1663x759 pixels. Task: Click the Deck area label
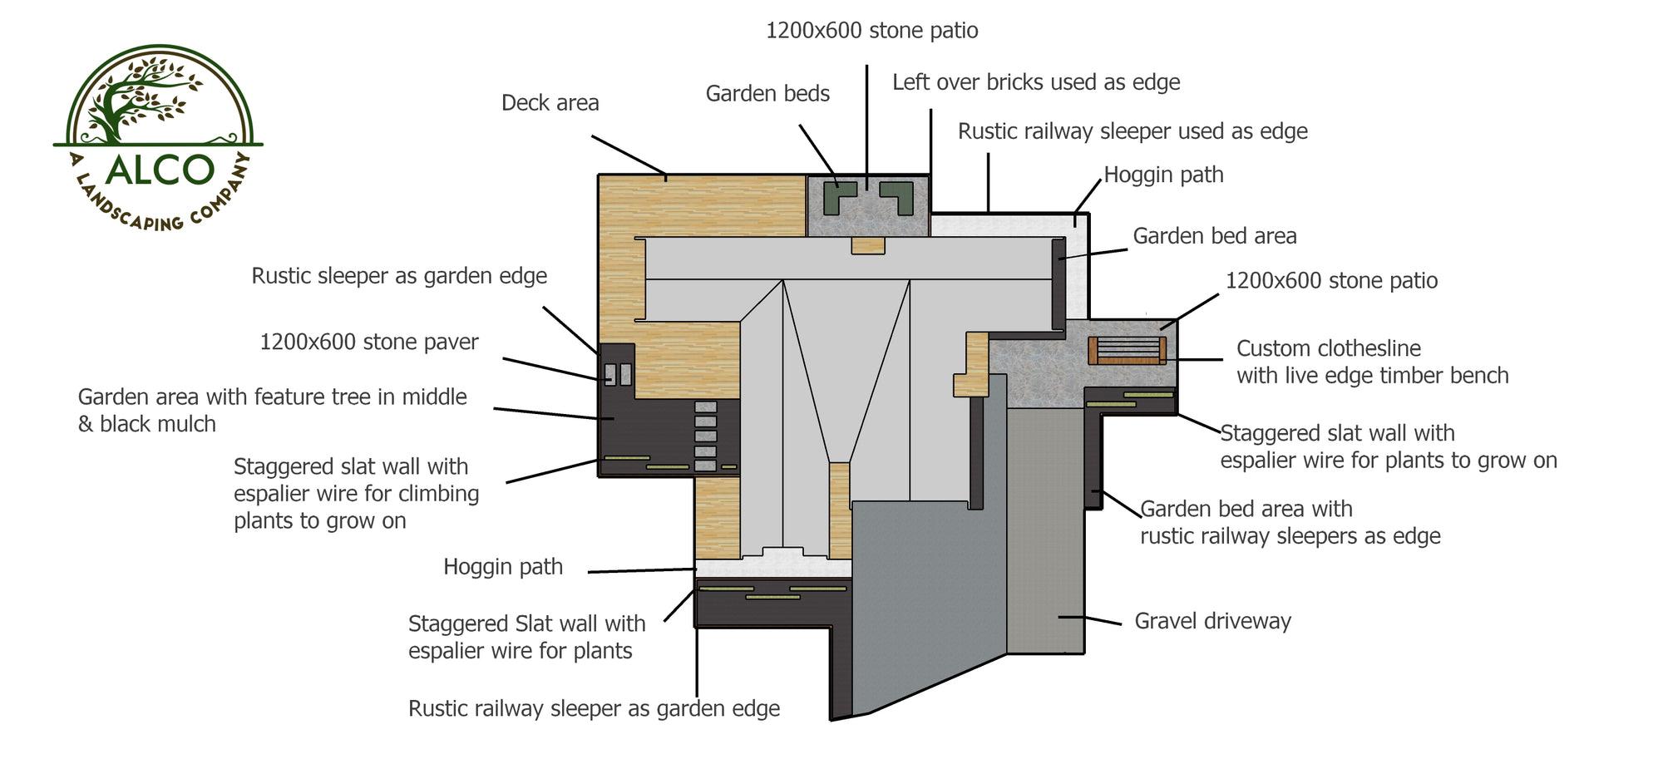click(550, 103)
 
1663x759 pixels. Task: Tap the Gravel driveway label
click(1212, 621)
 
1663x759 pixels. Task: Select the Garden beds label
click(767, 94)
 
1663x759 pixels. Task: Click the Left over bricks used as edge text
click(1036, 82)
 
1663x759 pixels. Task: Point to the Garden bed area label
click(1214, 236)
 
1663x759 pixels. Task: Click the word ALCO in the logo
click(160, 170)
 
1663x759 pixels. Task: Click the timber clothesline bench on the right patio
click(1127, 350)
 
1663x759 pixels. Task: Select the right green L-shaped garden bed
click(897, 198)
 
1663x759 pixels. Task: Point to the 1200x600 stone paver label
click(369, 343)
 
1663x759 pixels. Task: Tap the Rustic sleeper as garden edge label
click(399, 276)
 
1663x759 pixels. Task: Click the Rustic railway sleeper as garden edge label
click(594, 708)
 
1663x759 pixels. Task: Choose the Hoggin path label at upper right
click(1163, 175)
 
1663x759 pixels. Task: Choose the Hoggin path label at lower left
click(503, 567)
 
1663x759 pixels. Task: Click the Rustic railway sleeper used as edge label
click(1133, 131)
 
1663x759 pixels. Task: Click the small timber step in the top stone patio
click(868, 245)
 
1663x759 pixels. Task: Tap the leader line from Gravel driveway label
click(1089, 619)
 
